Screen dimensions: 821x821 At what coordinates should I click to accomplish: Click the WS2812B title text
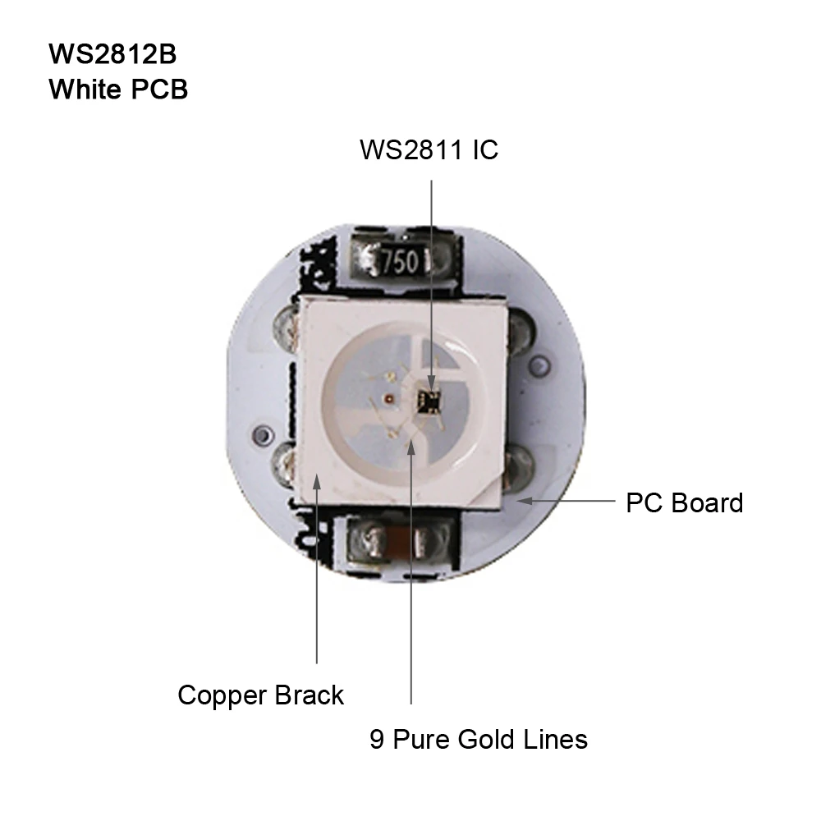pos(112,54)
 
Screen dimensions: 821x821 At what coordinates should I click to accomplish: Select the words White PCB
pos(118,89)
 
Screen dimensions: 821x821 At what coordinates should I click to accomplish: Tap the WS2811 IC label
pos(429,150)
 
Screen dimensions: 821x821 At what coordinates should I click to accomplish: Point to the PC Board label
pos(684,502)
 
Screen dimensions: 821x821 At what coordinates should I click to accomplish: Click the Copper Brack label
pos(260,695)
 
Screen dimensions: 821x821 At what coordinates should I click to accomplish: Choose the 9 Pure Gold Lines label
pos(478,739)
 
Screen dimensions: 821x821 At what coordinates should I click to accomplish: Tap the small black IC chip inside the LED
pos(429,400)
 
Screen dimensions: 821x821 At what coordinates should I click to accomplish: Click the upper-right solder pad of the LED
pos(519,330)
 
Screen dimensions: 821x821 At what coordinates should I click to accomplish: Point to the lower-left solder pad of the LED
pos(287,464)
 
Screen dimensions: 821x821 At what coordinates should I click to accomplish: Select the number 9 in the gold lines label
pos(377,739)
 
